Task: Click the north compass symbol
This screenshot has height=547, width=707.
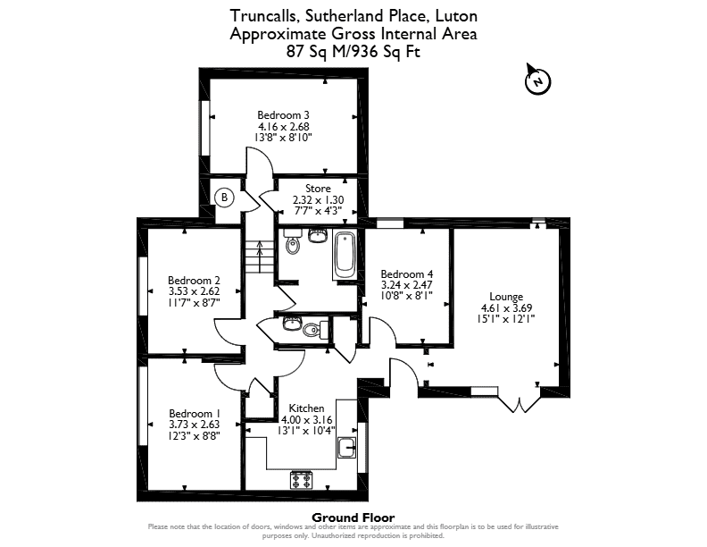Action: point(537,80)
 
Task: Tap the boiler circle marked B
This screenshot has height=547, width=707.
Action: point(225,198)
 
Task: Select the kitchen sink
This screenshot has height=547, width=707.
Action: point(346,448)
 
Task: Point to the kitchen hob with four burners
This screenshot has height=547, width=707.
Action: point(301,480)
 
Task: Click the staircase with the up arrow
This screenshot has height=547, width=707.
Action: point(260,256)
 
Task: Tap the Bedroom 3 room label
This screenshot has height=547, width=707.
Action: point(283,115)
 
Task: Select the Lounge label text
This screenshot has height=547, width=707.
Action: point(506,297)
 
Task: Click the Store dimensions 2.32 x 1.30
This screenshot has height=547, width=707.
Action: point(319,200)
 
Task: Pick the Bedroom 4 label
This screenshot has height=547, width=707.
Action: point(407,274)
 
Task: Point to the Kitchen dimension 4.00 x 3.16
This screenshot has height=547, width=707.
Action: point(306,420)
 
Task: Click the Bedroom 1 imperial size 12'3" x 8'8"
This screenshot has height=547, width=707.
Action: point(195,436)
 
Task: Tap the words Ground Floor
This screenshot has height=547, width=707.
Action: point(353,518)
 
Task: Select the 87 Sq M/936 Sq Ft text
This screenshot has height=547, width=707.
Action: point(353,52)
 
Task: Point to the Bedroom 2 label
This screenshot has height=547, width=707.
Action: point(194,281)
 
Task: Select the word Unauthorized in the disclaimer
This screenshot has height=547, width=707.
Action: point(332,536)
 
